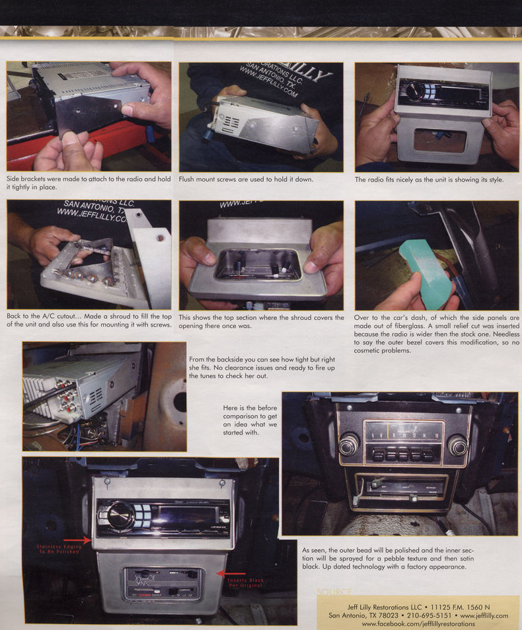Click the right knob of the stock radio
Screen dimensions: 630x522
tap(457, 446)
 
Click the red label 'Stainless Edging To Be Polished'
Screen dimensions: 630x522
tap(58, 549)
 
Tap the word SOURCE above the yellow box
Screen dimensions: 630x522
tap(334, 592)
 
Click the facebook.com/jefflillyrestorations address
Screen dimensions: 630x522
tap(418, 624)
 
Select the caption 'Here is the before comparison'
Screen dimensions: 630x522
tap(246, 421)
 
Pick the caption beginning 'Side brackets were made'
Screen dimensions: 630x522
tap(89, 183)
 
